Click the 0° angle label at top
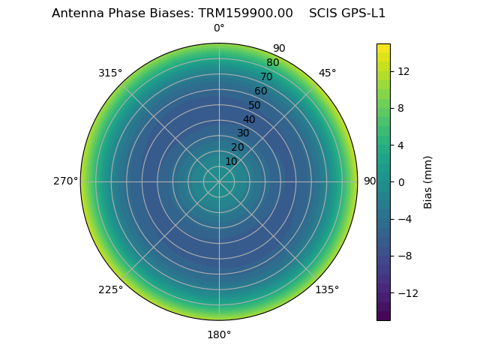click(x=219, y=28)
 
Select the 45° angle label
click(x=327, y=73)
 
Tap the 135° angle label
click(x=327, y=289)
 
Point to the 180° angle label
click(x=219, y=334)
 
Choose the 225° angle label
click(x=110, y=289)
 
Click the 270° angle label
click(x=65, y=181)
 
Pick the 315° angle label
click(x=110, y=73)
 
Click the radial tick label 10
click(x=231, y=161)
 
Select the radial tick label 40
click(x=249, y=119)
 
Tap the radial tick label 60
click(x=261, y=91)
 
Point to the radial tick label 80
click(x=273, y=62)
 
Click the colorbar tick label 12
click(x=403, y=71)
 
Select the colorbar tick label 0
click(x=400, y=181)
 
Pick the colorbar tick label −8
click(x=403, y=256)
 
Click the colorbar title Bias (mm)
click(x=428, y=181)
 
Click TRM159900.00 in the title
click(x=245, y=13)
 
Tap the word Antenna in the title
click(x=76, y=13)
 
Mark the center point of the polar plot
click(x=219, y=181)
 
